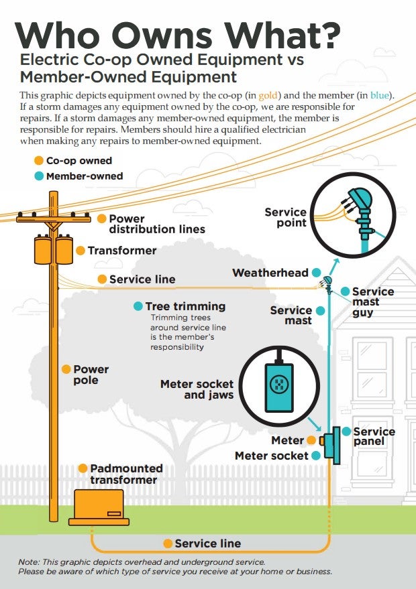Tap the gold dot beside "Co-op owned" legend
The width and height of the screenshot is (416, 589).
39,161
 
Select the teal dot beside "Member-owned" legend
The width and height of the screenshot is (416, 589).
39,176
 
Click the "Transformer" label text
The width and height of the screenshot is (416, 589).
121,251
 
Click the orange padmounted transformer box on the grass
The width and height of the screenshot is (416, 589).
99,507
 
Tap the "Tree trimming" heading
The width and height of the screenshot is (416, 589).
185,306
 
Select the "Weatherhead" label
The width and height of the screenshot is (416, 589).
270,273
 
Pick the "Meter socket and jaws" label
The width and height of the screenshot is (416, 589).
197,389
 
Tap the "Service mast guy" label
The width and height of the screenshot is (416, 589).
372,302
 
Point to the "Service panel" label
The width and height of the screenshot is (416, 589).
374,436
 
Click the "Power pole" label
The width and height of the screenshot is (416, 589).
91,375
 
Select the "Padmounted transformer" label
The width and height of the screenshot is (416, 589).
126,474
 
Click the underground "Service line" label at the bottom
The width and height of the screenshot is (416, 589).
207,543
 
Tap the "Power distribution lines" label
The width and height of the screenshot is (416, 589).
156,224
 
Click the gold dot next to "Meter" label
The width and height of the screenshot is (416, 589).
311,440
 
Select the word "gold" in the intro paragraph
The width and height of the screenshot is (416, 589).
331,95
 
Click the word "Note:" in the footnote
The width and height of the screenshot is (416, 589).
31,561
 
